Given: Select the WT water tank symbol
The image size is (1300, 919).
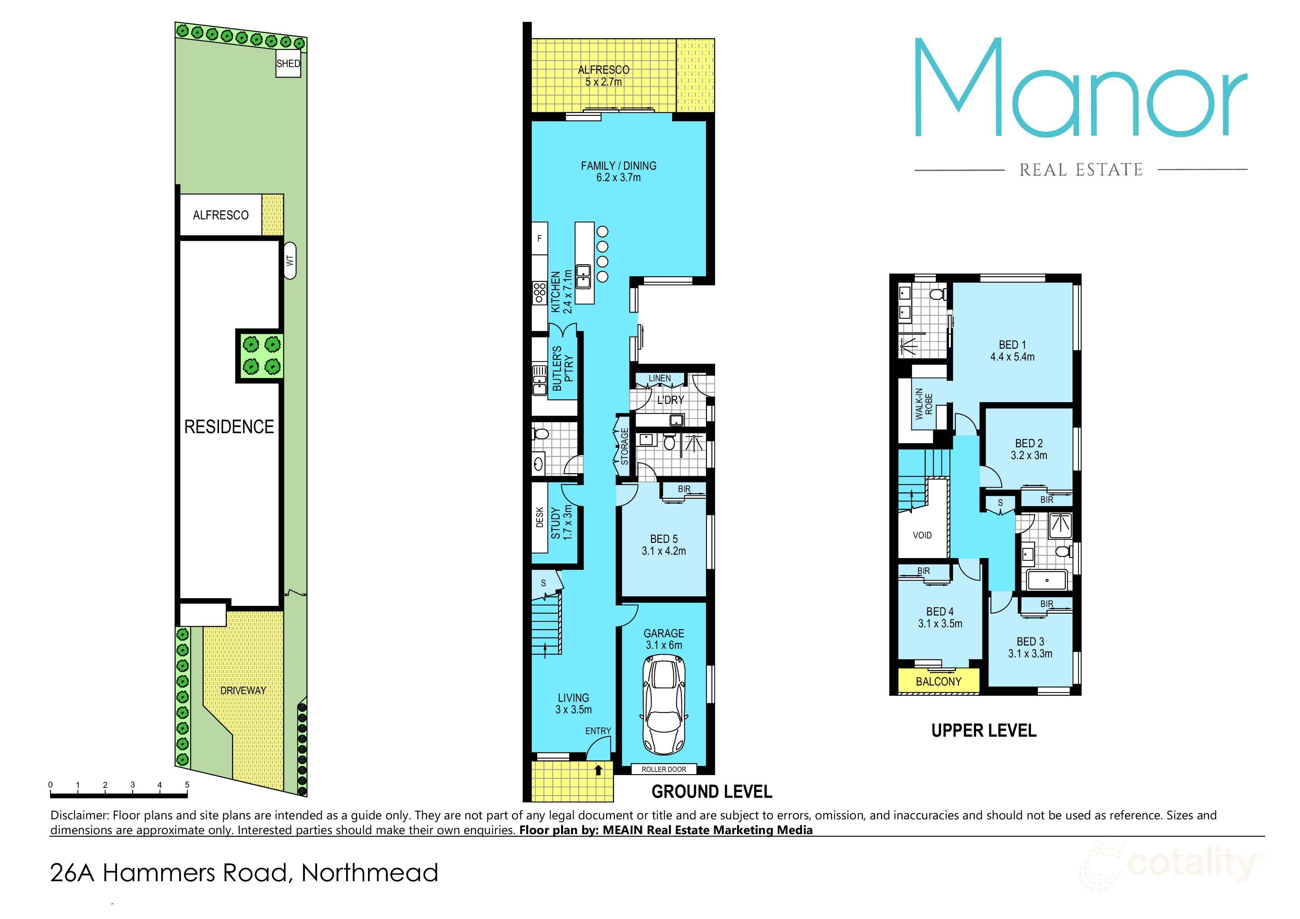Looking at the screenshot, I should (290, 261).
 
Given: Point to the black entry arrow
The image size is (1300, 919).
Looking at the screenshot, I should (598, 770).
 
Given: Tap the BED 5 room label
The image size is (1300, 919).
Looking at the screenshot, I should (664, 539).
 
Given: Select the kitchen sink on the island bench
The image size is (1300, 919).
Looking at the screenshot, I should (584, 277).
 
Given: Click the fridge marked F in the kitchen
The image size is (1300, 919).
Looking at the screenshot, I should (540, 238).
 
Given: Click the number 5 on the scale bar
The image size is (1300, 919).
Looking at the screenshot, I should (187, 785).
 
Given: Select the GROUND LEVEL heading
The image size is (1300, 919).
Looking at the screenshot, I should (712, 792).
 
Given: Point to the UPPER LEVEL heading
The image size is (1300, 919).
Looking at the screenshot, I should (984, 730).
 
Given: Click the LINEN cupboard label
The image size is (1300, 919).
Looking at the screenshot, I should (660, 378).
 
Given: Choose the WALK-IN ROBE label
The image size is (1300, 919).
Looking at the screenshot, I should (923, 403).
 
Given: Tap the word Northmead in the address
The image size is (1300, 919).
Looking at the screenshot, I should (370, 873).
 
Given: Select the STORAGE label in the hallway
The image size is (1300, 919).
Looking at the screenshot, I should (624, 446).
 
